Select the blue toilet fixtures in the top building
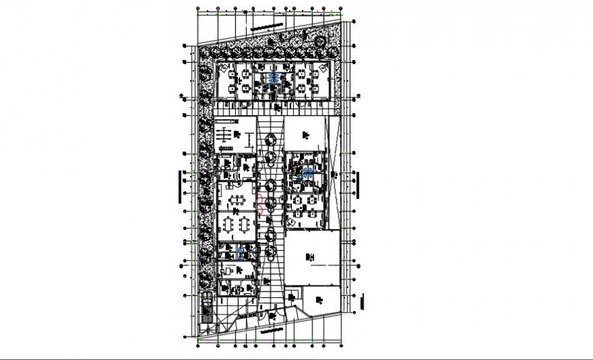coord(273,79)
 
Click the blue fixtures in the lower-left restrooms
coord(241,254)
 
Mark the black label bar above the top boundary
coord(267,27)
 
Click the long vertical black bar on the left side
coord(179,186)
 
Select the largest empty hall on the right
coord(312,256)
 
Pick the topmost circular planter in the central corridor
coord(271,139)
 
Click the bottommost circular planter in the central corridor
coord(271,253)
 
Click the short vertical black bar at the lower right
coord(363,300)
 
